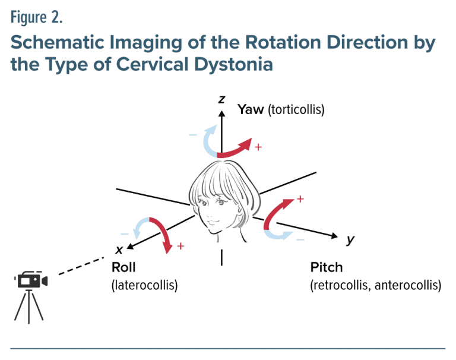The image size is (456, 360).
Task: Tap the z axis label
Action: (221, 99)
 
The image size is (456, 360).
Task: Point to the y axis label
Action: (350, 239)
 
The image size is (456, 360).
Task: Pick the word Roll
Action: (123, 268)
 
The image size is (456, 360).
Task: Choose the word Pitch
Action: (327, 268)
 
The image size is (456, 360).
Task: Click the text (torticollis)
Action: (296, 110)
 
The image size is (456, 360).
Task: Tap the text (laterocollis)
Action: (145, 285)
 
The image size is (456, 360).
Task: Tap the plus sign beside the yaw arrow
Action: (258, 147)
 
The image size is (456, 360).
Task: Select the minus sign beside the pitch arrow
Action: (300, 239)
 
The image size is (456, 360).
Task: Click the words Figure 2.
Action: (37, 18)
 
